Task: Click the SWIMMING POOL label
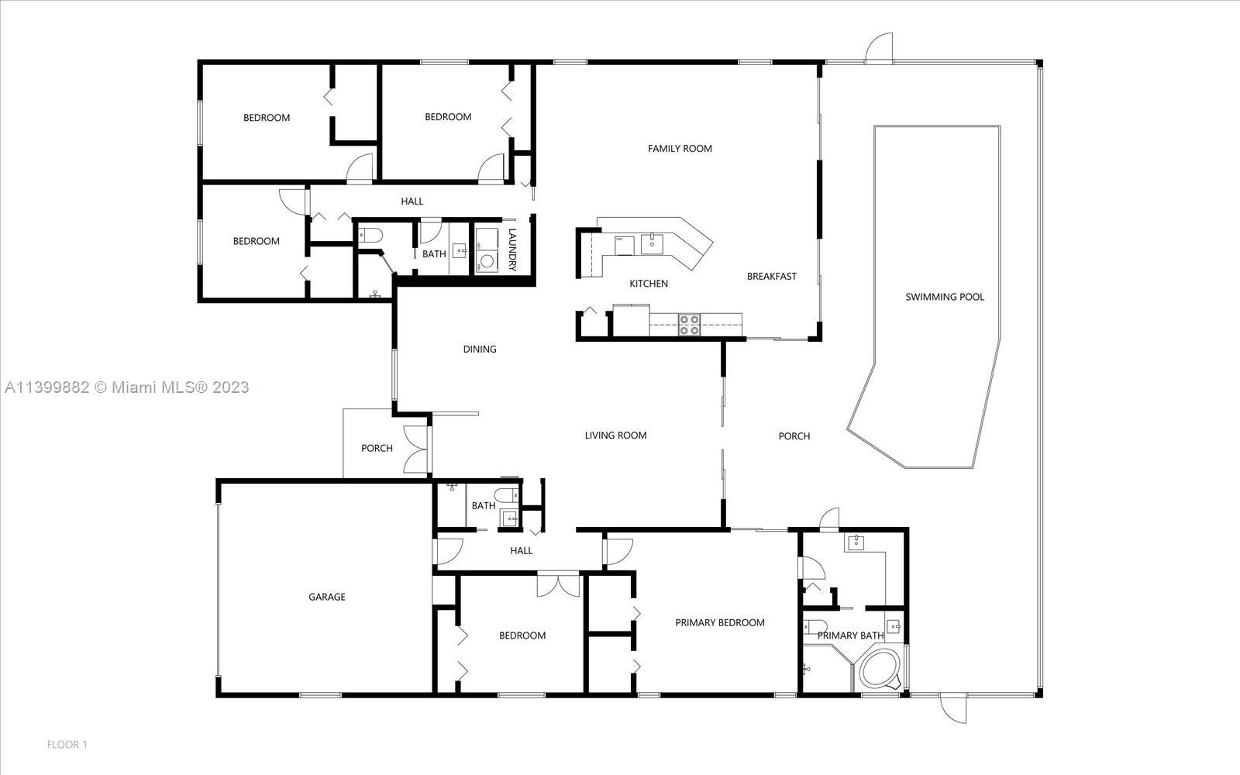[945, 297]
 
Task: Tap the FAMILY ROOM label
[680, 148]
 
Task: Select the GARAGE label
[326, 597]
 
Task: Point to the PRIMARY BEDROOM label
[720, 623]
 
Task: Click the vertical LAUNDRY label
[512, 250]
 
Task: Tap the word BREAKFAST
[772, 276]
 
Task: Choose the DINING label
[480, 350]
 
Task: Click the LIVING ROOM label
[615, 436]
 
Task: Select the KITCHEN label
[649, 284]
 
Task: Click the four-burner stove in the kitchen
[689, 325]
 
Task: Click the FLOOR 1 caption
[67, 745]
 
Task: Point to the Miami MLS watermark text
[127, 387]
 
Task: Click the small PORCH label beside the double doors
[377, 449]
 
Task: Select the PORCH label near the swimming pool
[794, 436]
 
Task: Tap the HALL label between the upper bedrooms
[412, 201]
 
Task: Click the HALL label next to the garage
[522, 551]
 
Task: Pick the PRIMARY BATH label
[850, 635]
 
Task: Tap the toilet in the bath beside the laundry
[370, 236]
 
